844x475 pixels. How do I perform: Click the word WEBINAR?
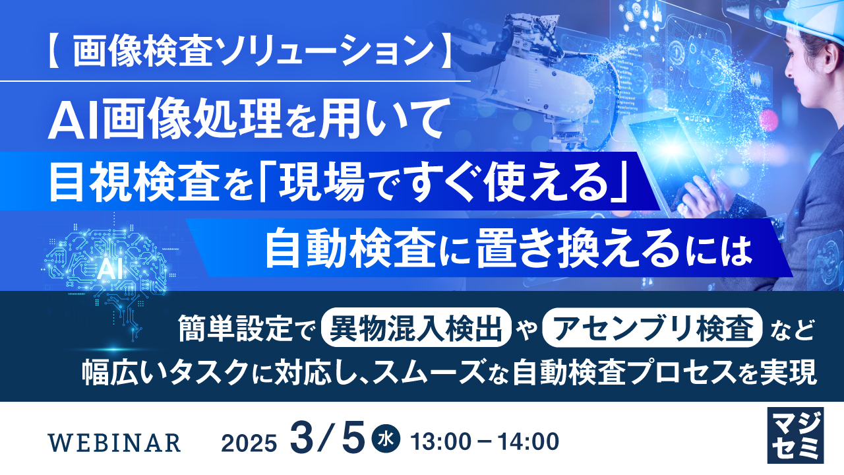115,443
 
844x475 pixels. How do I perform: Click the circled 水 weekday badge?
386,439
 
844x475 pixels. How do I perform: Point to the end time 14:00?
528,441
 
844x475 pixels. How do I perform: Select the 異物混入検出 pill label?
416,328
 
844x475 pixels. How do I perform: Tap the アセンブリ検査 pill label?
652,328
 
